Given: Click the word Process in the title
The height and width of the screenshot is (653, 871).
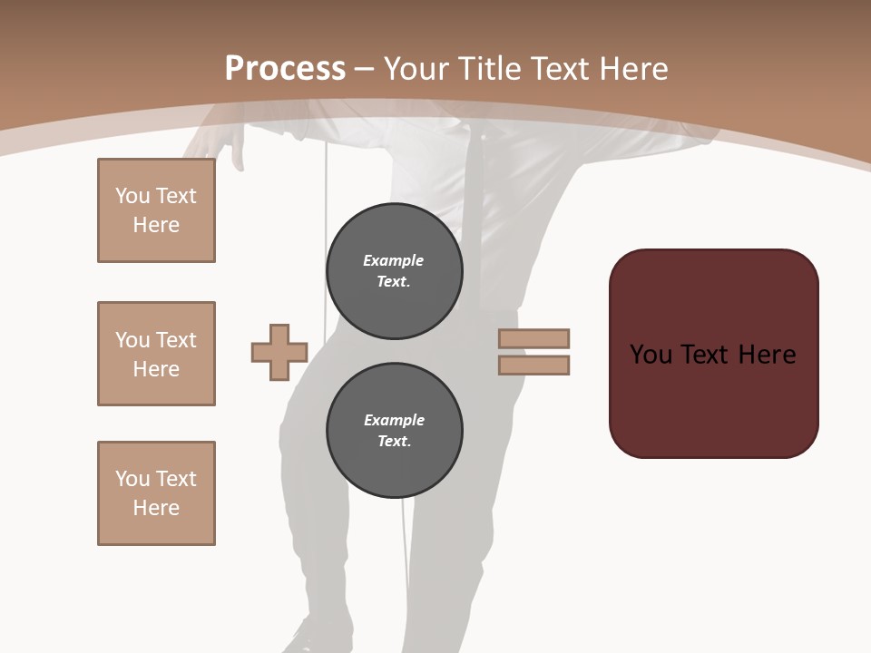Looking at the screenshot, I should point(285,69).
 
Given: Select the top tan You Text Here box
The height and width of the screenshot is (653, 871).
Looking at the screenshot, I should point(156,210).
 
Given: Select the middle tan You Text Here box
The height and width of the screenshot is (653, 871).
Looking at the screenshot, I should point(156,354).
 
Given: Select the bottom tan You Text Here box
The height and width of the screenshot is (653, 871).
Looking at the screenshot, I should point(156,493).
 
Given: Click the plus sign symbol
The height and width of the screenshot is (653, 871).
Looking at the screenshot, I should point(279,352).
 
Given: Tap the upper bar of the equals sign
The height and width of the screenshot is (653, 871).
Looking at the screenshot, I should point(533,338).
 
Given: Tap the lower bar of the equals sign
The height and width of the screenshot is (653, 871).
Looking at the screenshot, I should point(533,365).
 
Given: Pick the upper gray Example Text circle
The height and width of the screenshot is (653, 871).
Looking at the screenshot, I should point(394,271).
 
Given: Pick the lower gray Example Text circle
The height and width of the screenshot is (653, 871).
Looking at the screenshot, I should point(394,431).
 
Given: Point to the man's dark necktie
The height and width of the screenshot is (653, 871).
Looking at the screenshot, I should point(474,200).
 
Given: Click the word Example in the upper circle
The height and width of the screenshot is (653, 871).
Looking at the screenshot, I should point(393,260).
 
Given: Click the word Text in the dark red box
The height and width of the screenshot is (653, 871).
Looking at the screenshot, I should point(705,355).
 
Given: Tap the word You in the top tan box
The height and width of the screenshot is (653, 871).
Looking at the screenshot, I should point(132,196).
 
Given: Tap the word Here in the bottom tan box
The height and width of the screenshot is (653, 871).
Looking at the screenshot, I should point(156,508).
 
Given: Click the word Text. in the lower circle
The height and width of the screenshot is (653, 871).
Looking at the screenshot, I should point(394,442).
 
